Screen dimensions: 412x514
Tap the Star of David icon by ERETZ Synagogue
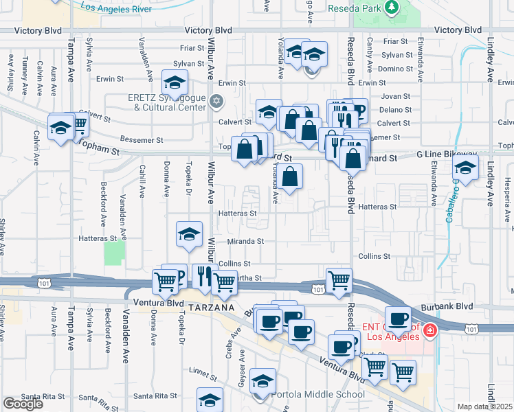217,101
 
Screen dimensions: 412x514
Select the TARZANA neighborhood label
205,306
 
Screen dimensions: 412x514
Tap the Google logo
23,404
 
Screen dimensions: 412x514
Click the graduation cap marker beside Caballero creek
466,168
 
